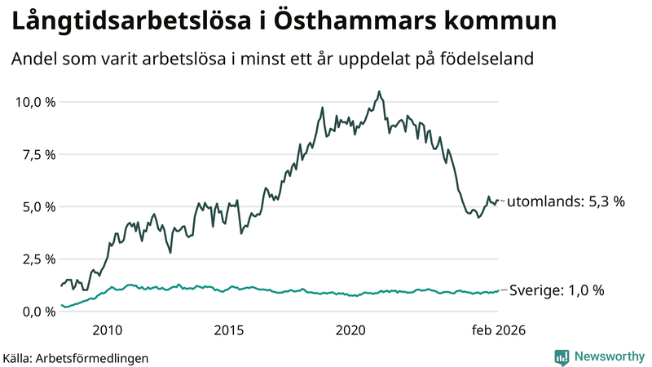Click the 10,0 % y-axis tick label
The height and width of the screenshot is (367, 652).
(x=35, y=102)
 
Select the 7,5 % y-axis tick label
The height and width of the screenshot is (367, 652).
(x=38, y=154)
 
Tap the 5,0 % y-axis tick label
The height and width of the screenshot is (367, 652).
(x=38, y=206)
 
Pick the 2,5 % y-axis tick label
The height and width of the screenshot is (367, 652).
(x=38, y=259)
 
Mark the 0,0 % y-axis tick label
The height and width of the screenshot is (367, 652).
(x=38, y=312)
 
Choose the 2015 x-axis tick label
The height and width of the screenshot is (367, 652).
(x=229, y=330)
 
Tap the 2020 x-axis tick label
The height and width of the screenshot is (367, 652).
(x=351, y=330)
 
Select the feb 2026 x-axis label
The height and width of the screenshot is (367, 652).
(x=500, y=330)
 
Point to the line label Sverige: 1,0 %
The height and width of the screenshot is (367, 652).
(x=557, y=290)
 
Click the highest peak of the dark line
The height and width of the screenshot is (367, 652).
(x=379, y=91)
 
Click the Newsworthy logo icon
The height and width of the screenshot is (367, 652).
(x=562, y=356)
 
